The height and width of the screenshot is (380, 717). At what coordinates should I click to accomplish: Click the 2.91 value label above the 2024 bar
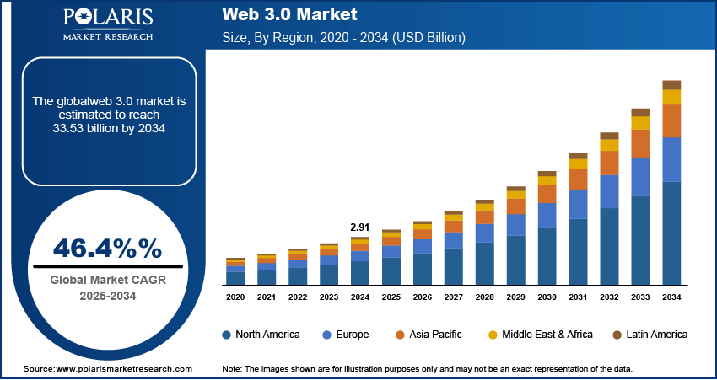[x=360, y=227]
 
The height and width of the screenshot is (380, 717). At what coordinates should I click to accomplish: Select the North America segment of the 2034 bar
[x=671, y=233]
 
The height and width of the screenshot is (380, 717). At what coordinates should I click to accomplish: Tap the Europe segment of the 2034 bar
[x=671, y=159]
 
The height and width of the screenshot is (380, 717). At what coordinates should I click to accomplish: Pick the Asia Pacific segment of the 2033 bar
[x=641, y=143]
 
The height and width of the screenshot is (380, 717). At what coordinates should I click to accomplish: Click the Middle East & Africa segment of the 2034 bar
[x=671, y=97]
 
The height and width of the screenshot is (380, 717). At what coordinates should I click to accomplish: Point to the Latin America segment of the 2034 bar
[x=671, y=84]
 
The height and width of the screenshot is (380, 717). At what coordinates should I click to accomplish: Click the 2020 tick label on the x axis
[x=235, y=297]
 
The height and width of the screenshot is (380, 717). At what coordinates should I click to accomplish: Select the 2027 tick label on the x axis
[x=454, y=297]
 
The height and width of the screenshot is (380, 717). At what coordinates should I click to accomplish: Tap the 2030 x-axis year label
[x=547, y=297]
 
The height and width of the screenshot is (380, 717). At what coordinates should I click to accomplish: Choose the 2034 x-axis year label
[x=671, y=297]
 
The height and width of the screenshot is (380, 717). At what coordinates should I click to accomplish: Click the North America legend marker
[x=227, y=335]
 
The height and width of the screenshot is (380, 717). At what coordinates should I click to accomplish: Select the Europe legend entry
[x=345, y=335]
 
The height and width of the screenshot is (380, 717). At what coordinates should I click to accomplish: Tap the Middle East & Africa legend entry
[x=540, y=335]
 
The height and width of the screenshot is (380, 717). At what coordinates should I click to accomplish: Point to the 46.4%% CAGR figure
[x=106, y=248]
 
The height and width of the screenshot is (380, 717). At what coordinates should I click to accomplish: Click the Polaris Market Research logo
[x=106, y=24]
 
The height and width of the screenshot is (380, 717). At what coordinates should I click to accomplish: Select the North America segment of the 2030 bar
[x=547, y=256]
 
